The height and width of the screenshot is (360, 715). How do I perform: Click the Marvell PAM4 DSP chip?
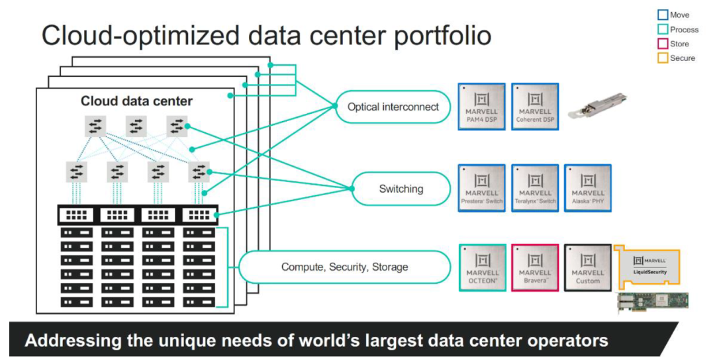point(482,106)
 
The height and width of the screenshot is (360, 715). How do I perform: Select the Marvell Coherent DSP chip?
point(535,106)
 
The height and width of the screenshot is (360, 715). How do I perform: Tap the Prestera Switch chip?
point(482,188)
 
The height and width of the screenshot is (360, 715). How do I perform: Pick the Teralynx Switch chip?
point(535,188)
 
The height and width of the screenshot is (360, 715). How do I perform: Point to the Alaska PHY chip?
point(588,188)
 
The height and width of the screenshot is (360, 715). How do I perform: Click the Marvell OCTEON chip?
point(482,268)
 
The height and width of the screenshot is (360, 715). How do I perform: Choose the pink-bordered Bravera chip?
point(535,268)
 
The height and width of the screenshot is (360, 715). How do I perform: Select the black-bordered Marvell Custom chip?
point(588,268)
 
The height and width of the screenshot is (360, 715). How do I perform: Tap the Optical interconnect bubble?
point(393,107)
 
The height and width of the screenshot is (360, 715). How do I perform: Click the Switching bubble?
point(401,189)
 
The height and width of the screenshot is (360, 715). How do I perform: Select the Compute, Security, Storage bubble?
point(344,267)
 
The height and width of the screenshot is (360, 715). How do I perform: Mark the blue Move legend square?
point(662,15)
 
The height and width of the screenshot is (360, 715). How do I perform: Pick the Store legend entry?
point(679,44)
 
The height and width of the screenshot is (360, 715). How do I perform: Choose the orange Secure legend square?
point(662,58)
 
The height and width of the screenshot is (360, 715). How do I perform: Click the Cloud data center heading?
point(136,101)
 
